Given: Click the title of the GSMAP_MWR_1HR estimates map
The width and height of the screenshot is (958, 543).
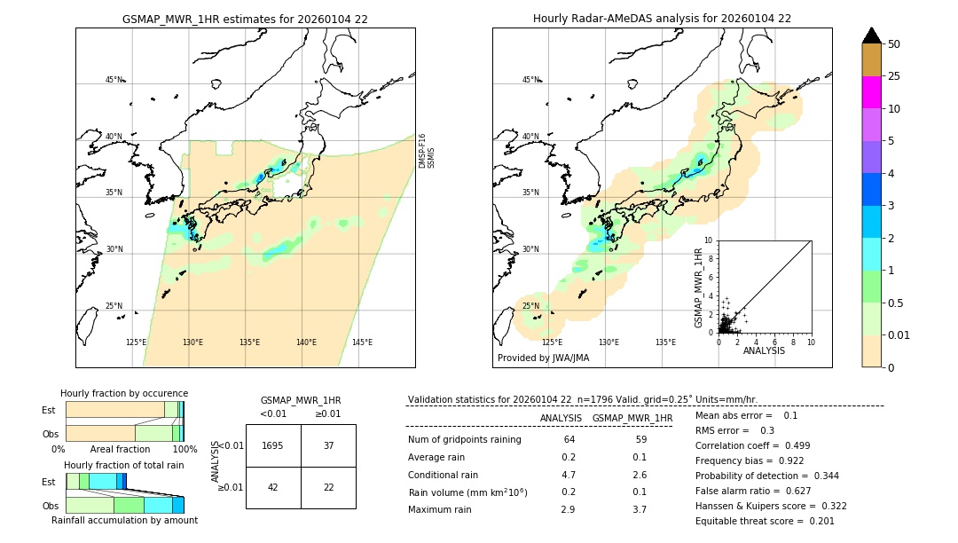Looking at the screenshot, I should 245,19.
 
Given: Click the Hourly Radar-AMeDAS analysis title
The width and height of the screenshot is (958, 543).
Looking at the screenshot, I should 662,19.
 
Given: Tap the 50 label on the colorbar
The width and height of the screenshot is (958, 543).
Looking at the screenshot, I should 894,44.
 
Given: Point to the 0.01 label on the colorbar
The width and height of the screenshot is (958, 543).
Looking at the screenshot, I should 899,335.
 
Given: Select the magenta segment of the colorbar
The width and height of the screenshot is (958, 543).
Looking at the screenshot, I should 871,92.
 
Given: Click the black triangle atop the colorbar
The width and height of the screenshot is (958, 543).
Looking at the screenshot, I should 871,35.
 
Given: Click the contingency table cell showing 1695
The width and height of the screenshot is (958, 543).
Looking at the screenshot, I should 273,445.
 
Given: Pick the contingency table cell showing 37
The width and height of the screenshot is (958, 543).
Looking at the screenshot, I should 328,445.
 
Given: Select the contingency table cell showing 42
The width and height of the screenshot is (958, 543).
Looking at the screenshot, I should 273,487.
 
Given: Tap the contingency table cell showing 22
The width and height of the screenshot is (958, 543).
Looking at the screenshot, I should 328,487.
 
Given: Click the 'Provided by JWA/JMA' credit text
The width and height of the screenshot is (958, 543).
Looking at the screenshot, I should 543,358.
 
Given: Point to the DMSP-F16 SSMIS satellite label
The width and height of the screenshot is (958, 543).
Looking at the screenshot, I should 426,151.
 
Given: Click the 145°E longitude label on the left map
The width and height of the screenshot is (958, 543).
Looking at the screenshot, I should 362,342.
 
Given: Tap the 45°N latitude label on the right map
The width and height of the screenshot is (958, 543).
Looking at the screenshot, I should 530,80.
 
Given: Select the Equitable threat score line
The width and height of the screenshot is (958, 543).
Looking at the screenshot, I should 765,521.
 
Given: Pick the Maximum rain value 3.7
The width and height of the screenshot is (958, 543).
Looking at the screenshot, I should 639,509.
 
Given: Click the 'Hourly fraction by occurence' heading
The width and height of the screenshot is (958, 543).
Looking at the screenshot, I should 124,394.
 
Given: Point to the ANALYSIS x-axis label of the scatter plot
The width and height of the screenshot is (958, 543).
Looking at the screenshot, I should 764,350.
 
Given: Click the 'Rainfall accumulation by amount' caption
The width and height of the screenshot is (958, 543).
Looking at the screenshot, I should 124,521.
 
